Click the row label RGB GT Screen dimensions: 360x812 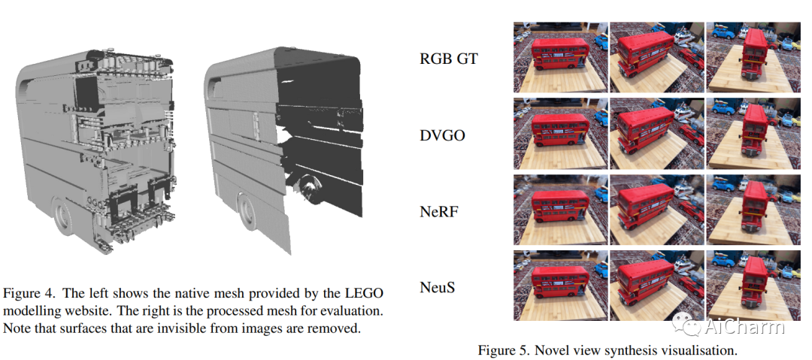click(448, 59)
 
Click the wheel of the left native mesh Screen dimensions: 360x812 click(62, 218)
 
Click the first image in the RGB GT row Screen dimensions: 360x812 click(559, 57)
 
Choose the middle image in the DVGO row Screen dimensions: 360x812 click(656, 134)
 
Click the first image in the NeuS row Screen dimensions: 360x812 click(559, 286)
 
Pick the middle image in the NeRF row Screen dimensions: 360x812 click(656, 210)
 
